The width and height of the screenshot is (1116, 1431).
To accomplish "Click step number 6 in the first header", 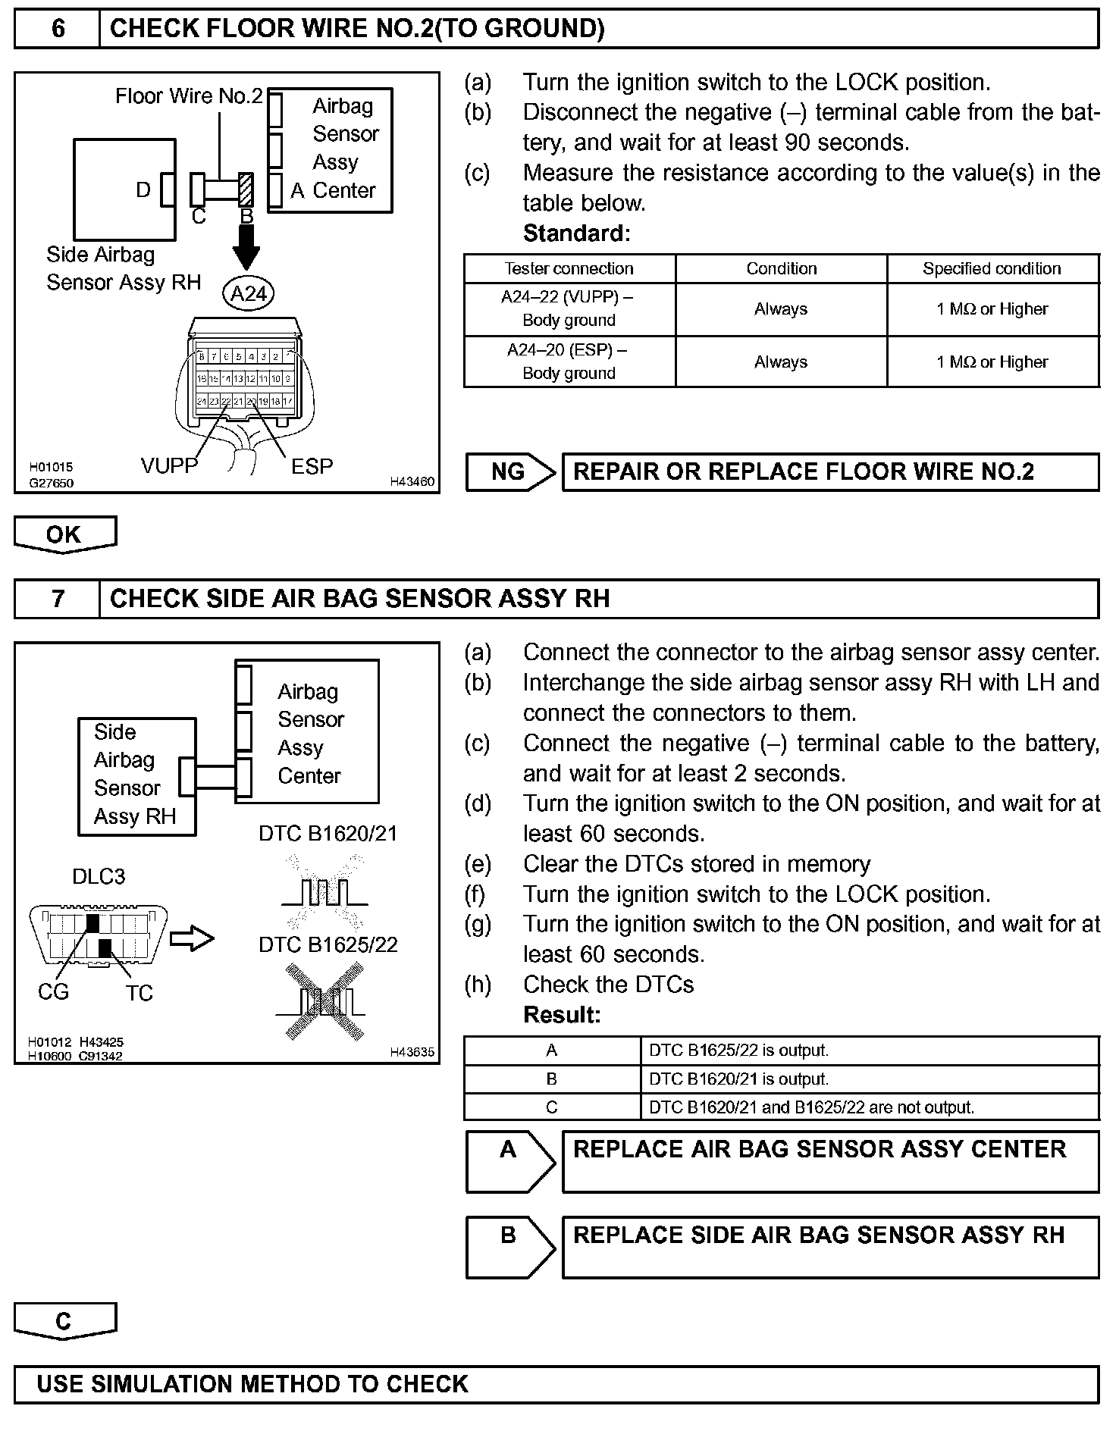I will pos(58,29).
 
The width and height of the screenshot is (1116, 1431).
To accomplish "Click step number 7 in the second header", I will pos(58,599).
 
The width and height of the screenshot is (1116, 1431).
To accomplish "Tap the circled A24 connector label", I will pos(248,293).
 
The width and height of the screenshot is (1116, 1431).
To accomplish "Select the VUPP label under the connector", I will pos(169,465).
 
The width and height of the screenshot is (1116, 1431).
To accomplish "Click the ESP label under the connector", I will pos(312,466).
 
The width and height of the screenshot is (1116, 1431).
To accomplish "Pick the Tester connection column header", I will pos(569,268).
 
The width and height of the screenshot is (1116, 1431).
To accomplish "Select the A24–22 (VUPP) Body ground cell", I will pos(569,308).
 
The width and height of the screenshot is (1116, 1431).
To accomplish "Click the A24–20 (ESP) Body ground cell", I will pos(569,362).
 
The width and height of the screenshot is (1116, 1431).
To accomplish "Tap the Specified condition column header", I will pos(992,268).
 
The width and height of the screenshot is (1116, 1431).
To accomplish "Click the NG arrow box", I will pos(511,471).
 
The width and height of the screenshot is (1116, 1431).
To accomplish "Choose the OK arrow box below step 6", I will pos(64,534).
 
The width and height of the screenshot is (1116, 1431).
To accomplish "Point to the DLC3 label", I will pos(98,876).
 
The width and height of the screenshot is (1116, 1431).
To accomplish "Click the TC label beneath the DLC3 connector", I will pos(139,993).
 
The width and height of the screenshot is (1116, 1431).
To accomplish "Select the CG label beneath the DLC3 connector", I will pos(53,991).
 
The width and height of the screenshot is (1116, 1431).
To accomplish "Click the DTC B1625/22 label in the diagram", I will pos(328,944).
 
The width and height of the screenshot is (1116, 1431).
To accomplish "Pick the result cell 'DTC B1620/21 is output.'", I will pos(870,1079).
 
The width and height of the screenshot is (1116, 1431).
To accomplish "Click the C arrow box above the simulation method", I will pos(64,1321).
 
